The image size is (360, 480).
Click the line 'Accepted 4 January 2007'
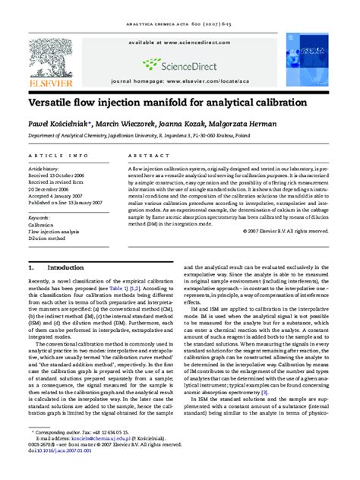point(58,195)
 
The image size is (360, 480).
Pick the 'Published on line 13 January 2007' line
point(67,203)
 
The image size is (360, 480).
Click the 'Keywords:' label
point(39,217)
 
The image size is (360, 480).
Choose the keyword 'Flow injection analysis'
point(54,232)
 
